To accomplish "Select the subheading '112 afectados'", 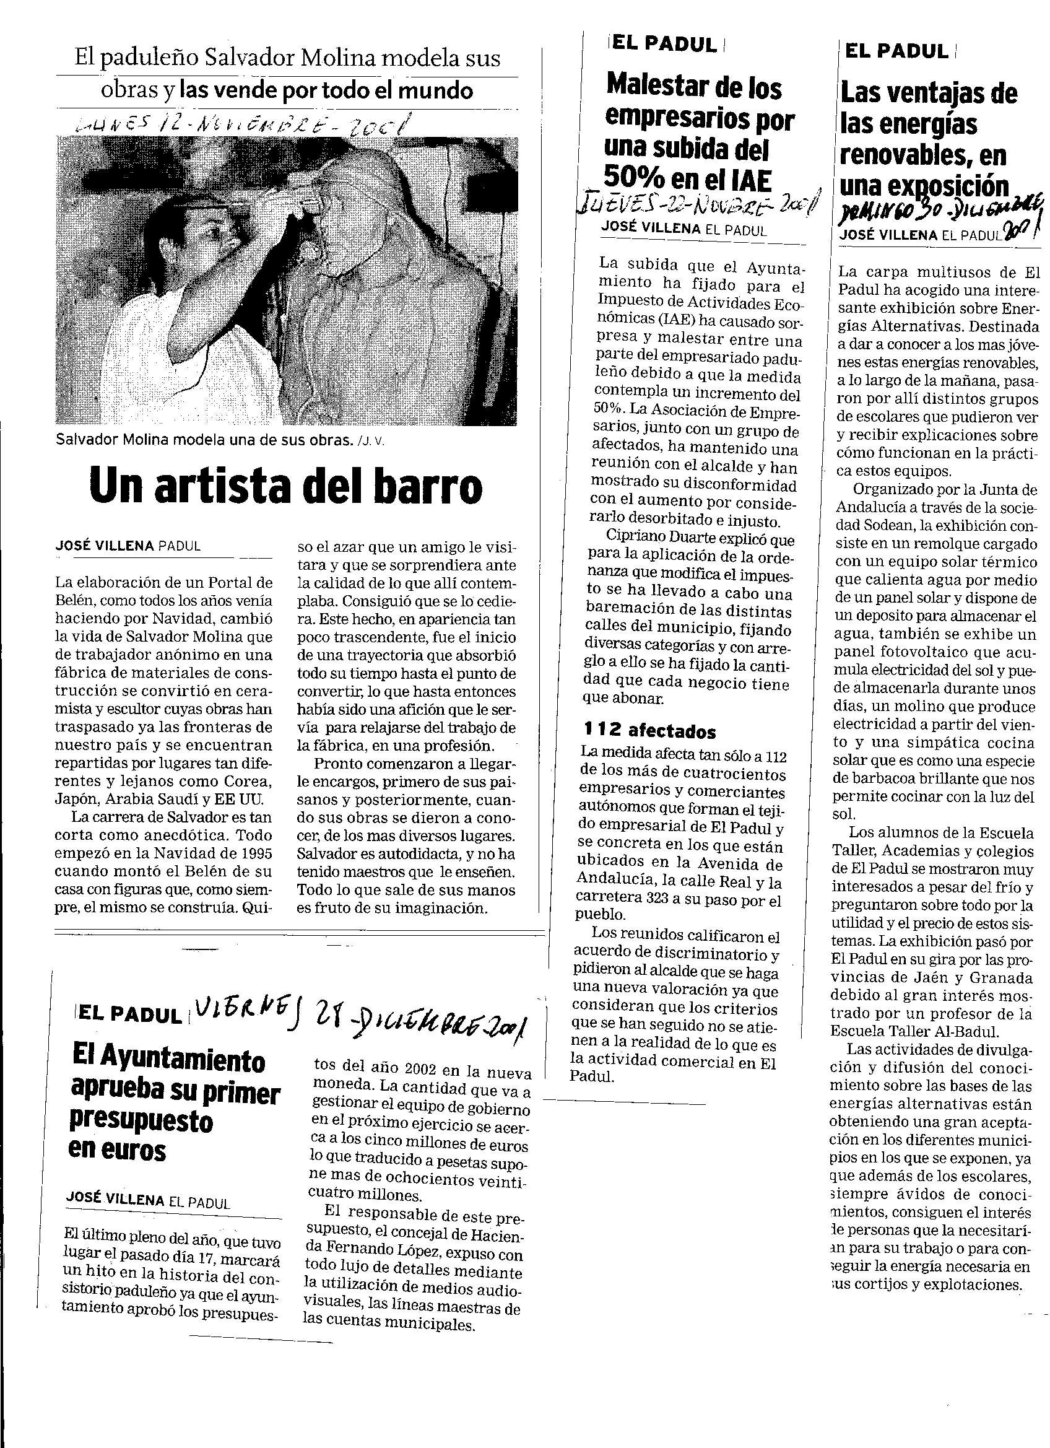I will [x=650, y=731].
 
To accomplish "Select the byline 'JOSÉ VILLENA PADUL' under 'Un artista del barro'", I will [x=128, y=546].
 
